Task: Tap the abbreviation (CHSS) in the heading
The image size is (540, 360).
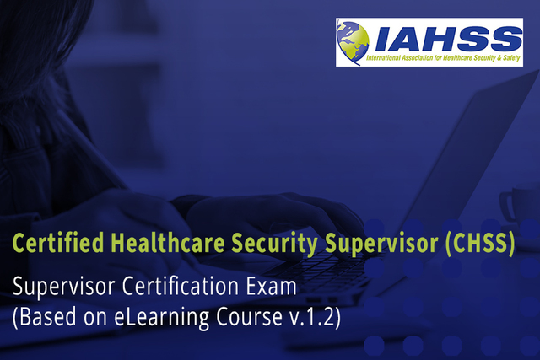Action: tap(478, 244)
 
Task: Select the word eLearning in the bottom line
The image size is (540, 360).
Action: tap(144, 320)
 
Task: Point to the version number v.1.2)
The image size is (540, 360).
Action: tap(309, 320)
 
